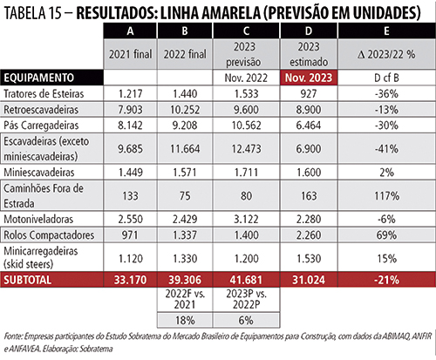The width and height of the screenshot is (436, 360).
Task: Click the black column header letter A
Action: [130, 31]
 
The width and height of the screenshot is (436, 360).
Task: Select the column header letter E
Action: [386, 31]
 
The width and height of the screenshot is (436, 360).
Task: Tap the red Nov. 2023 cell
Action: [309, 78]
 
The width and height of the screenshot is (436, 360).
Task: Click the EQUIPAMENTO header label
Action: [38, 78]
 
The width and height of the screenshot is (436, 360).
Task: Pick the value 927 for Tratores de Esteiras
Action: [309, 94]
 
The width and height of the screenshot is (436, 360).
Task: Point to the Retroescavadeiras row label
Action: [41, 110]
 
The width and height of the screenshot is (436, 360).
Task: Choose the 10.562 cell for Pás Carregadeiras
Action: [246, 126]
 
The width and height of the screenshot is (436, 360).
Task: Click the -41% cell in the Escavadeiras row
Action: [386, 149]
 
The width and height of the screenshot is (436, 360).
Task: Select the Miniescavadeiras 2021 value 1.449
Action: [130, 173]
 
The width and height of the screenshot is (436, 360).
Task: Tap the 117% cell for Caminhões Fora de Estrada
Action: [386, 196]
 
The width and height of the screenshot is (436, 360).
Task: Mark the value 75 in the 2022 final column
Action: [185, 196]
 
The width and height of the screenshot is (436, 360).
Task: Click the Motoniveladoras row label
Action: [38, 219]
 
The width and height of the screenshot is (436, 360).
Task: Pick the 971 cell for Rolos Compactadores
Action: [130, 234]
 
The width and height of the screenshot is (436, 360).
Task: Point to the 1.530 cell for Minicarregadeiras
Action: [309, 258]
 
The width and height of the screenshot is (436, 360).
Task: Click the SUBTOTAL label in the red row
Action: [27, 280]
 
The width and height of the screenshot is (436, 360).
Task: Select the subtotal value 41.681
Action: [246, 280]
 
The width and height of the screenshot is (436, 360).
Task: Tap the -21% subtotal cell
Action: [386, 280]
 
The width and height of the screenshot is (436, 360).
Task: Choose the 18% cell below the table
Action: [185, 321]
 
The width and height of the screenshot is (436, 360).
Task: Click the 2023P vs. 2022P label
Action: [246, 299]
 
